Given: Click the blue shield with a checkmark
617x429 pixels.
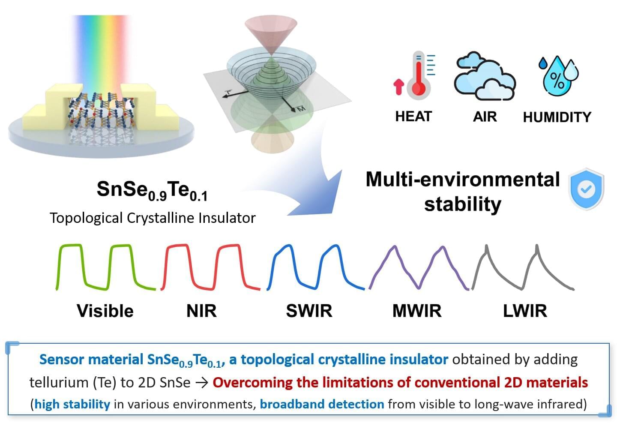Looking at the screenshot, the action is point(586,189).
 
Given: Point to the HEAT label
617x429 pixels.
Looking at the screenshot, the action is point(413,116).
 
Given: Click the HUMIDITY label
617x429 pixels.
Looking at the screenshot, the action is point(557,117).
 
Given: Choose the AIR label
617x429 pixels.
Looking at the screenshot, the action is point(485,117).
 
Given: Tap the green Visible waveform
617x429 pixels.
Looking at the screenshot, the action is point(106,267).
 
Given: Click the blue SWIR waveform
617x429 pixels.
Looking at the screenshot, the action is point(315,267).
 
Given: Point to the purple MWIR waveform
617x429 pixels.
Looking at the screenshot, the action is point(419,267).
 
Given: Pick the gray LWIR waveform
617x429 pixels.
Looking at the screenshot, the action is point(523,267).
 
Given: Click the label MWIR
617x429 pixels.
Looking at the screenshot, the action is point(417,311).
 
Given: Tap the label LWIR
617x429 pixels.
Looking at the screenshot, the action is point(525,311).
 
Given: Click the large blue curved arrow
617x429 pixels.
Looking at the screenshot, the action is point(316,176).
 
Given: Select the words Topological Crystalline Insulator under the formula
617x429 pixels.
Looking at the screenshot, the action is point(153,218).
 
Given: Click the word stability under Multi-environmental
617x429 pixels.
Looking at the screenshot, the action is point(462,204).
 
